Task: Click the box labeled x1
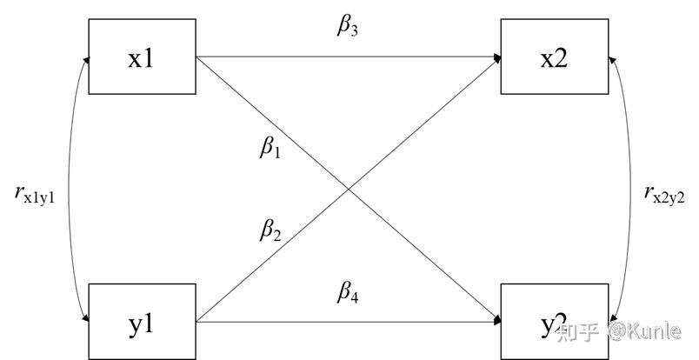click(x=141, y=57)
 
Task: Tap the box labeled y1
click(x=141, y=322)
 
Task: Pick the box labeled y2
click(x=555, y=322)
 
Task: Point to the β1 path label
click(x=270, y=148)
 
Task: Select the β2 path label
click(x=270, y=230)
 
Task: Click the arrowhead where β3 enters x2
click(x=496, y=57)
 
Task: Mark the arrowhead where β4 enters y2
click(x=496, y=322)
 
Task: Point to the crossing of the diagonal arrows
click(x=348, y=190)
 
